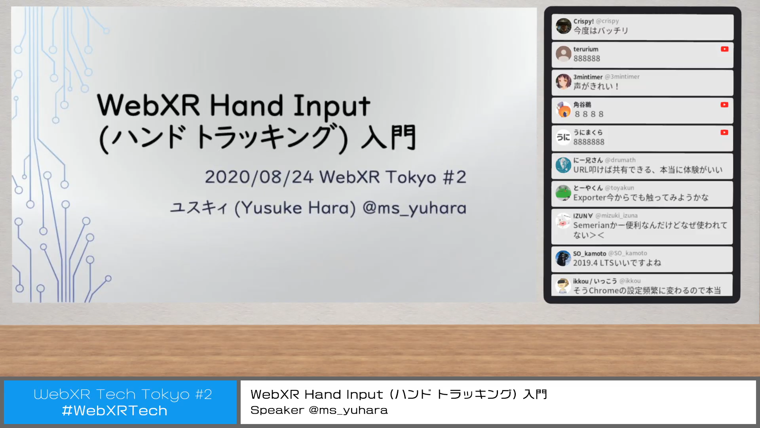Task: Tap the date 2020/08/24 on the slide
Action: (259, 177)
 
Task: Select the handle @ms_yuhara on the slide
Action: (414, 208)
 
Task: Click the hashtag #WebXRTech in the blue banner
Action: (115, 411)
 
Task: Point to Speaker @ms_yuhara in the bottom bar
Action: (319, 410)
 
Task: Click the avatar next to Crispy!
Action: (563, 26)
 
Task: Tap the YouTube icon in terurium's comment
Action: (724, 49)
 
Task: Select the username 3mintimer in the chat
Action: (588, 77)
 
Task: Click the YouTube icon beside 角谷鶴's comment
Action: (724, 105)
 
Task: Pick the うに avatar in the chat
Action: (563, 138)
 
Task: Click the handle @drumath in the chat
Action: (620, 160)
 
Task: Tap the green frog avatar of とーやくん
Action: (563, 193)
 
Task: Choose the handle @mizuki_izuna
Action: (616, 216)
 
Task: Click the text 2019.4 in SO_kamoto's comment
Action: (585, 263)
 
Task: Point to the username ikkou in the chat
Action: (581, 281)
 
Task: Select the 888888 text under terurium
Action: (587, 59)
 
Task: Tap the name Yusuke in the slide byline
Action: (272, 208)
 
